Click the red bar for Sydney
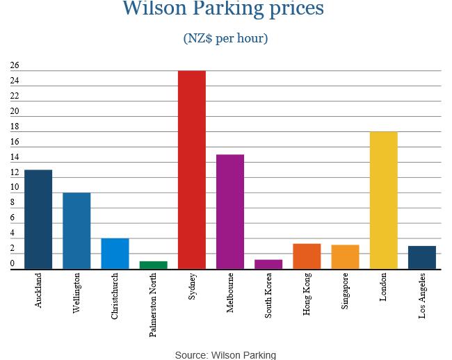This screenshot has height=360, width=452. [x=192, y=170]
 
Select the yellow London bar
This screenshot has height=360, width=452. [x=383, y=200]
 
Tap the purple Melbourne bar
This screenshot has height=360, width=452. [x=230, y=211]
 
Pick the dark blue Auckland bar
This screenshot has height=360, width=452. [x=38, y=219]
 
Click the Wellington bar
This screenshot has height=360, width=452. [x=76, y=231]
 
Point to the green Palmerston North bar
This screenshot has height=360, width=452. [x=154, y=265]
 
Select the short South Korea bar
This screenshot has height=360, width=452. [x=268, y=264]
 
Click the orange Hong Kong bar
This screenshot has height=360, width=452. [x=307, y=256]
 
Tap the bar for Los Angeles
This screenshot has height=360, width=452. [x=422, y=257]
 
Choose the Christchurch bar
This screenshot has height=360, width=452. [x=115, y=254]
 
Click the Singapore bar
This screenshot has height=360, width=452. [x=345, y=256]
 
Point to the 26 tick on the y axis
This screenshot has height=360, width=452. [x=15, y=66]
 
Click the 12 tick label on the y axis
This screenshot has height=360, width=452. [x=15, y=172]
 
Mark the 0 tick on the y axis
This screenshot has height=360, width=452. [x=13, y=264]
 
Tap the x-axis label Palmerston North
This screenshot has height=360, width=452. [x=154, y=304]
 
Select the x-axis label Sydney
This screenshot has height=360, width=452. [x=193, y=286]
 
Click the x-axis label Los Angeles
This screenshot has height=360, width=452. [x=422, y=296]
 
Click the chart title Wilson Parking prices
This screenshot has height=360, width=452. [x=223, y=9]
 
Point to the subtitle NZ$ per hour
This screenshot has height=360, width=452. [x=225, y=38]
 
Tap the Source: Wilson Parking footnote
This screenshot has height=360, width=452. [x=225, y=354]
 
